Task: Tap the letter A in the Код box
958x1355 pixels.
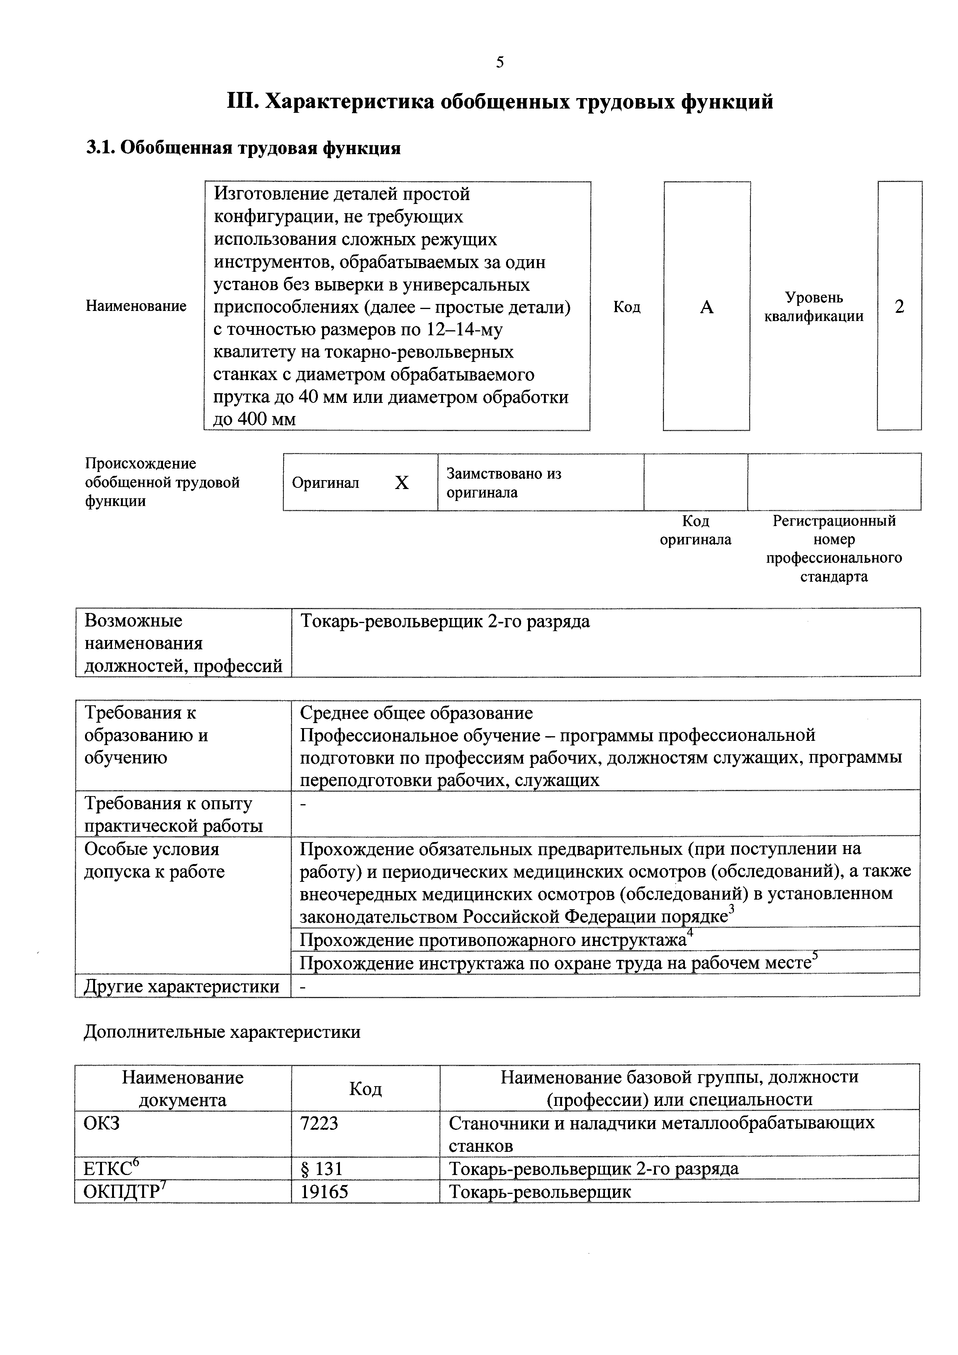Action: (x=707, y=307)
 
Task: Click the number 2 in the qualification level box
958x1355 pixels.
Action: (x=899, y=307)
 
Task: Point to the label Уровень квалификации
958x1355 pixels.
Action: (x=814, y=307)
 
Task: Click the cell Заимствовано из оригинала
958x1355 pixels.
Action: (x=503, y=483)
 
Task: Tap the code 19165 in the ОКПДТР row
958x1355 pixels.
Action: (x=324, y=1192)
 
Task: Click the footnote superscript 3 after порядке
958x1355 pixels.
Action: (x=731, y=908)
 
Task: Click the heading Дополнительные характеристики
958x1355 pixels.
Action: (x=222, y=1032)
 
